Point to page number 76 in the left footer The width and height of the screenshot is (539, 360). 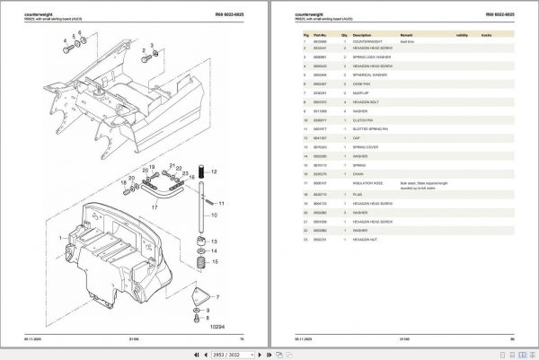coord(243,338)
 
